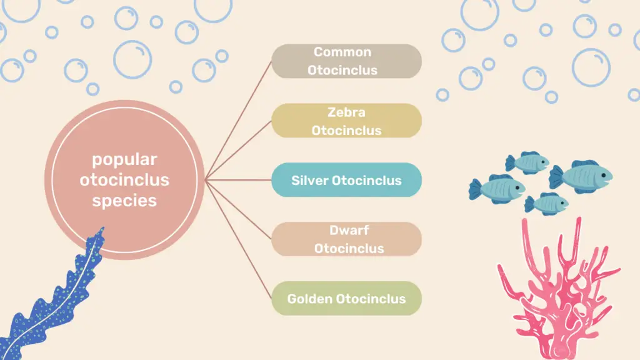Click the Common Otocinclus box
(x=346, y=61)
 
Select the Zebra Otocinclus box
(x=346, y=121)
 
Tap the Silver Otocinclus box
(x=346, y=180)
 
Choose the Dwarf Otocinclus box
(x=346, y=239)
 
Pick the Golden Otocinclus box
(x=346, y=298)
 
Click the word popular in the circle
(x=124, y=159)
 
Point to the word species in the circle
(x=124, y=201)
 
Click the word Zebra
(x=346, y=112)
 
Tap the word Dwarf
(x=349, y=230)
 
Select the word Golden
(x=310, y=299)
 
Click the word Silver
(x=309, y=181)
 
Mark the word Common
(x=342, y=52)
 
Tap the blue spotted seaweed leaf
(x=53, y=298)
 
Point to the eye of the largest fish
(x=603, y=176)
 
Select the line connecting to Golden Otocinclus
(x=238, y=239)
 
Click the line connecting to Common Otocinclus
(x=238, y=121)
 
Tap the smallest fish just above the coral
(x=546, y=203)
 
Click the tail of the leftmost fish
(x=475, y=189)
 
